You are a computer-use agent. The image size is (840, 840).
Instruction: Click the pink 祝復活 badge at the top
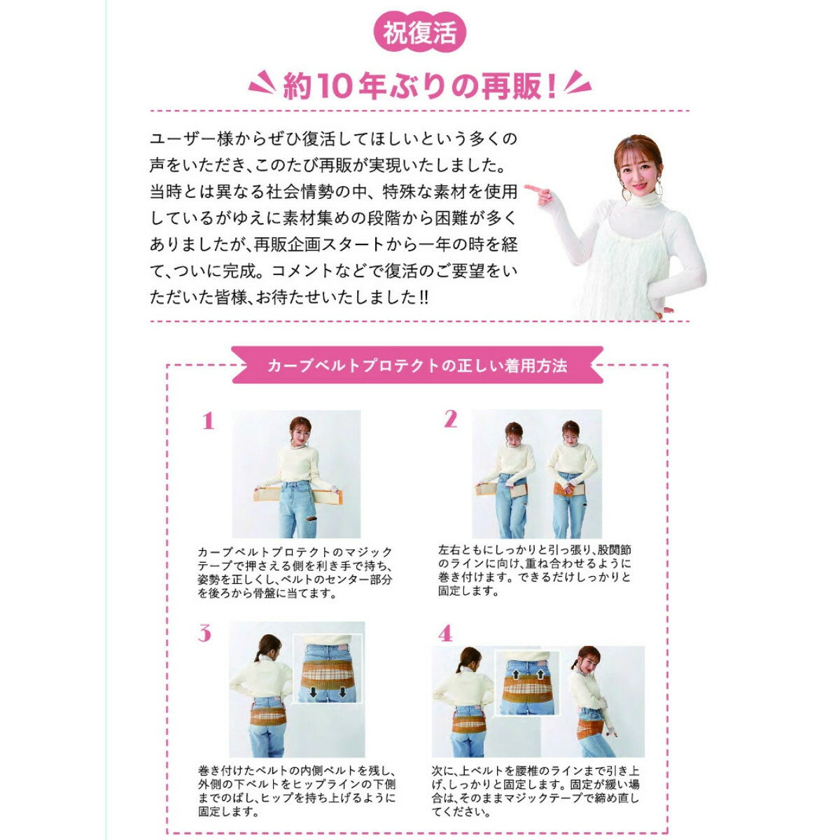[x=420, y=34]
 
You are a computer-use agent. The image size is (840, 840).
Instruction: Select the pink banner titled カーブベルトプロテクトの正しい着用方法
[x=417, y=365]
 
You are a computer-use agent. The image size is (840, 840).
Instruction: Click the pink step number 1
[x=208, y=421]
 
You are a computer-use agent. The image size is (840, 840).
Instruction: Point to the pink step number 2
[x=450, y=419]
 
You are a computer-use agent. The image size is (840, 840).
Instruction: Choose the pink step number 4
[x=445, y=635]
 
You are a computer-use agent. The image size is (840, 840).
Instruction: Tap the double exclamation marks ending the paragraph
[x=423, y=298]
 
